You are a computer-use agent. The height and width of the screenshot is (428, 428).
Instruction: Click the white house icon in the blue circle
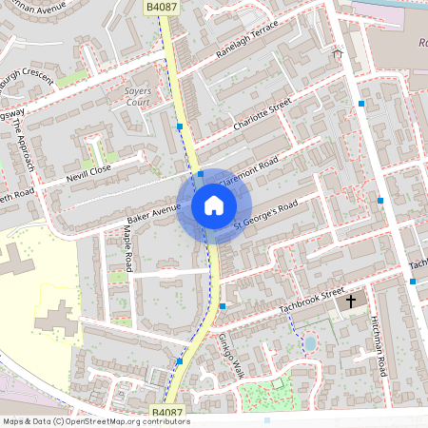(x=214, y=205)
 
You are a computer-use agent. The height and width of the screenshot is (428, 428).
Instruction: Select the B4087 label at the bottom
(x=166, y=411)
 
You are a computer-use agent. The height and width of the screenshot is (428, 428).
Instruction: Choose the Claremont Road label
(x=249, y=171)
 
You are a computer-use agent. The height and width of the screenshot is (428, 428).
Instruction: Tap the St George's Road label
(x=266, y=214)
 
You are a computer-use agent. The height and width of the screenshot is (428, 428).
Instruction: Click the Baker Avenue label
(x=152, y=210)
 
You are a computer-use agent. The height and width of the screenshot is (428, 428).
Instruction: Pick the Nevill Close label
(x=88, y=173)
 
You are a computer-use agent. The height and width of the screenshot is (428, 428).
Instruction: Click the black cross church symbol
(x=351, y=302)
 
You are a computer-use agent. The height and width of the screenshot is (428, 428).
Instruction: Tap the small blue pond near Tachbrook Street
(x=309, y=341)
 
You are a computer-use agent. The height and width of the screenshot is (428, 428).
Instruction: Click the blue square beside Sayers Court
(x=180, y=126)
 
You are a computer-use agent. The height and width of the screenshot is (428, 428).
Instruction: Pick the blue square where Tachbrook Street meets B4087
(x=223, y=306)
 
